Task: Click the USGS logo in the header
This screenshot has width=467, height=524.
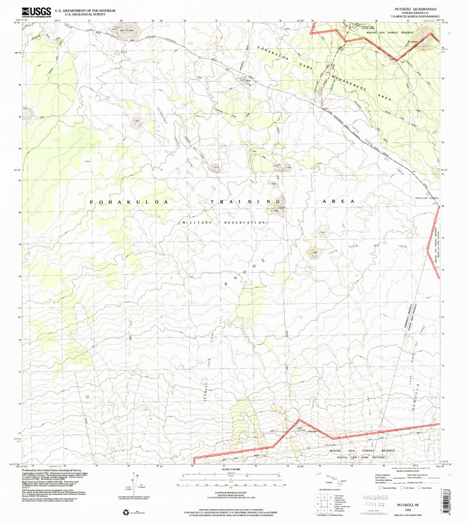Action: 37,12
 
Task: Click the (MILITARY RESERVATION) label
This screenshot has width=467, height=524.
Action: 223,223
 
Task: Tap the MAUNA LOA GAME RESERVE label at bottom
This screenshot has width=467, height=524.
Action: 361,457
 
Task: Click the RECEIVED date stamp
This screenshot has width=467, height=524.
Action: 375,497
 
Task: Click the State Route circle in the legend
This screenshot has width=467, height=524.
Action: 419,488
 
